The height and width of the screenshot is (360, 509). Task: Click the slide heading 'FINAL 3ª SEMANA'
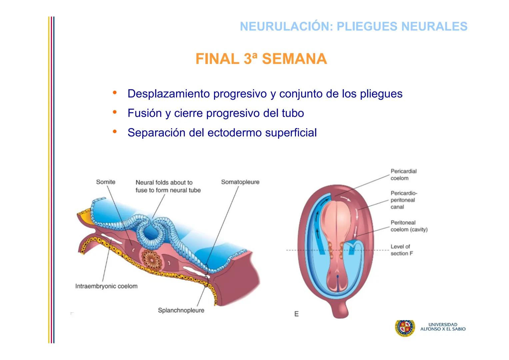pos(261,59)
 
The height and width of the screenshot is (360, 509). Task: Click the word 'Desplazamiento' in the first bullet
pos(169,94)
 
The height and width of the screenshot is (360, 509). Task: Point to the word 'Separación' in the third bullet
pos(156,133)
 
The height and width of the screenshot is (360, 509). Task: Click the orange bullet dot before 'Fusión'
pos(115,112)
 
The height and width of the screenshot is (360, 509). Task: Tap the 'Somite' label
pos(106,182)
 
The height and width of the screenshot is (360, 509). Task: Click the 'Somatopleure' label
pos(240,182)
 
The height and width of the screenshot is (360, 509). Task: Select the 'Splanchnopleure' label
pos(181,310)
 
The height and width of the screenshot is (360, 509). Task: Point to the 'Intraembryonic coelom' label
pos(106,286)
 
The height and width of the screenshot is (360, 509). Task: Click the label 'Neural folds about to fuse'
pos(168,186)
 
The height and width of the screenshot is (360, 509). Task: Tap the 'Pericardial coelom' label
pos(403,175)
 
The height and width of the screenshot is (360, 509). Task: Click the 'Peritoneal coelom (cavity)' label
pos(409,226)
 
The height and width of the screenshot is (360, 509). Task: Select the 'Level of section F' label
pos(401,250)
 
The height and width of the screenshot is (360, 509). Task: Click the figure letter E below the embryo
pos(296,314)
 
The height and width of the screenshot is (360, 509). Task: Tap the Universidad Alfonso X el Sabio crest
pos(405,328)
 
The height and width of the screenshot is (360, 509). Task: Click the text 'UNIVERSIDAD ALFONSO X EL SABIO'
pos(443,327)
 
